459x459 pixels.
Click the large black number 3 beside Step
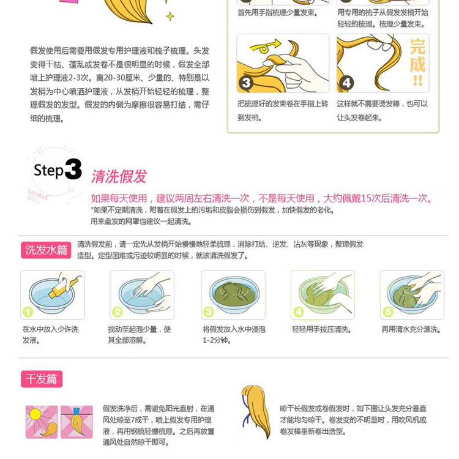73,169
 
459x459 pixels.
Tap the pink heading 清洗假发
119,176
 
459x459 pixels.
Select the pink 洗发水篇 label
46,250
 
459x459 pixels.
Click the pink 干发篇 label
42,379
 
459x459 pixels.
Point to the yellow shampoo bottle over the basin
63,288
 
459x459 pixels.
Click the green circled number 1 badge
28,312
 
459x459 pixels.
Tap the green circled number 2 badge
118,312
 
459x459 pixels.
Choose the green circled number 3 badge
209,312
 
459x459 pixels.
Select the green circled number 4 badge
298,312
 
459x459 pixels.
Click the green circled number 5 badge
388,312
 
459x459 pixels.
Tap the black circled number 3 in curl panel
246,83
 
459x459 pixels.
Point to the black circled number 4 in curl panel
346,83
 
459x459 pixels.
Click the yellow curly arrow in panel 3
265,47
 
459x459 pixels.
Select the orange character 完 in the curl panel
417,47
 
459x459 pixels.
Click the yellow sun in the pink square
35,414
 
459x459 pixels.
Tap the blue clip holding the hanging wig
76,411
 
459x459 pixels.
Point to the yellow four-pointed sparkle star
170,16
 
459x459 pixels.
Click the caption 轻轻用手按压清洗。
322,330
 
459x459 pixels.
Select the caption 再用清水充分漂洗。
412,330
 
